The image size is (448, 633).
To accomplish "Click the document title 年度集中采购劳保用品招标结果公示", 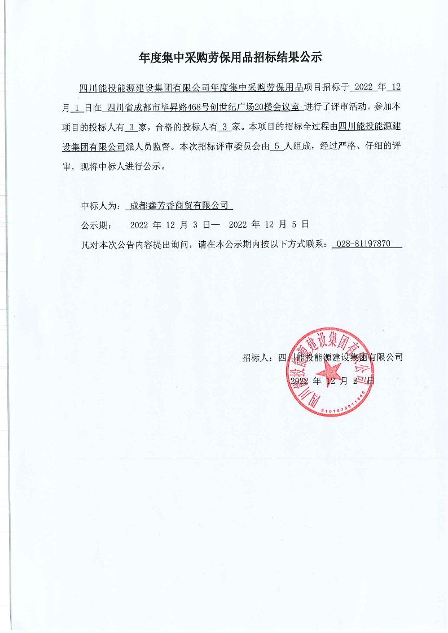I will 230,57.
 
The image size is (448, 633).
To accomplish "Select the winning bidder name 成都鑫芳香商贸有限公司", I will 178,206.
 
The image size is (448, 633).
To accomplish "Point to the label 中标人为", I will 99,206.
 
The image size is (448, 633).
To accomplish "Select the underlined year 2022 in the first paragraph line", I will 362,87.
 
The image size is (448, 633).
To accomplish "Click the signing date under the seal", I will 331,382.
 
